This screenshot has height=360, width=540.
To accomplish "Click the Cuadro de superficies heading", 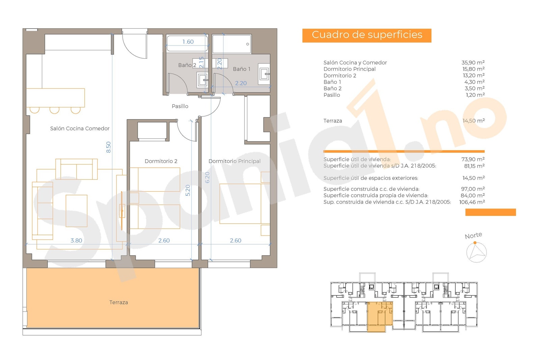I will [x=367, y=35].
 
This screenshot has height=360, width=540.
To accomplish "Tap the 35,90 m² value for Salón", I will [x=473, y=62].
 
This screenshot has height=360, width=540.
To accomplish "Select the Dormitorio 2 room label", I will [x=161, y=161].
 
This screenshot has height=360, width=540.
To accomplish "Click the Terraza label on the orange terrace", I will [x=118, y=302].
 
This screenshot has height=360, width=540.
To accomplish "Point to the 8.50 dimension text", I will [x=108, y=147].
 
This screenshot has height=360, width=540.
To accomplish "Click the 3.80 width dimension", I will [x=76, y=241].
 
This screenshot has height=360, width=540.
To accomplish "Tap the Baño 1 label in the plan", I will [x=241, y=69].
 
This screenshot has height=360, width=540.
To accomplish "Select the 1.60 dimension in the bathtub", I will [x=188, y=42].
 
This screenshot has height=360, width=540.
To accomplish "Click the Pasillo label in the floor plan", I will [x=180, y=106].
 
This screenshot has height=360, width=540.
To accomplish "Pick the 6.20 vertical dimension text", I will [x=207, y=177].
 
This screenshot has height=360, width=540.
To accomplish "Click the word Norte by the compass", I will [x=473, y=236].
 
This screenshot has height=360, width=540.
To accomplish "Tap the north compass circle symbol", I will [x=477, y=253].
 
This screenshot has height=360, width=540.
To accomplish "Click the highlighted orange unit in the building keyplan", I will [x=379, y=317].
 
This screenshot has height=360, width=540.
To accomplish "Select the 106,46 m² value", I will [x=472, y=202].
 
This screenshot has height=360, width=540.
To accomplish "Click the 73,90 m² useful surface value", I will [x=473, y=159].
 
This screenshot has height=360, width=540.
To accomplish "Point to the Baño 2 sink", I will [x=203, y=80].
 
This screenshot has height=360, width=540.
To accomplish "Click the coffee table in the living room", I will [x=76, y=211].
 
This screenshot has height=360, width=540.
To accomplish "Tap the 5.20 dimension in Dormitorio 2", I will [x=188, y=190].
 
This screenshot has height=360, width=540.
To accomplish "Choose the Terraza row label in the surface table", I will [x=332, y=121].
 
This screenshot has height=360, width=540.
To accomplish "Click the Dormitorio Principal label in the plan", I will [x=234, y=161].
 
